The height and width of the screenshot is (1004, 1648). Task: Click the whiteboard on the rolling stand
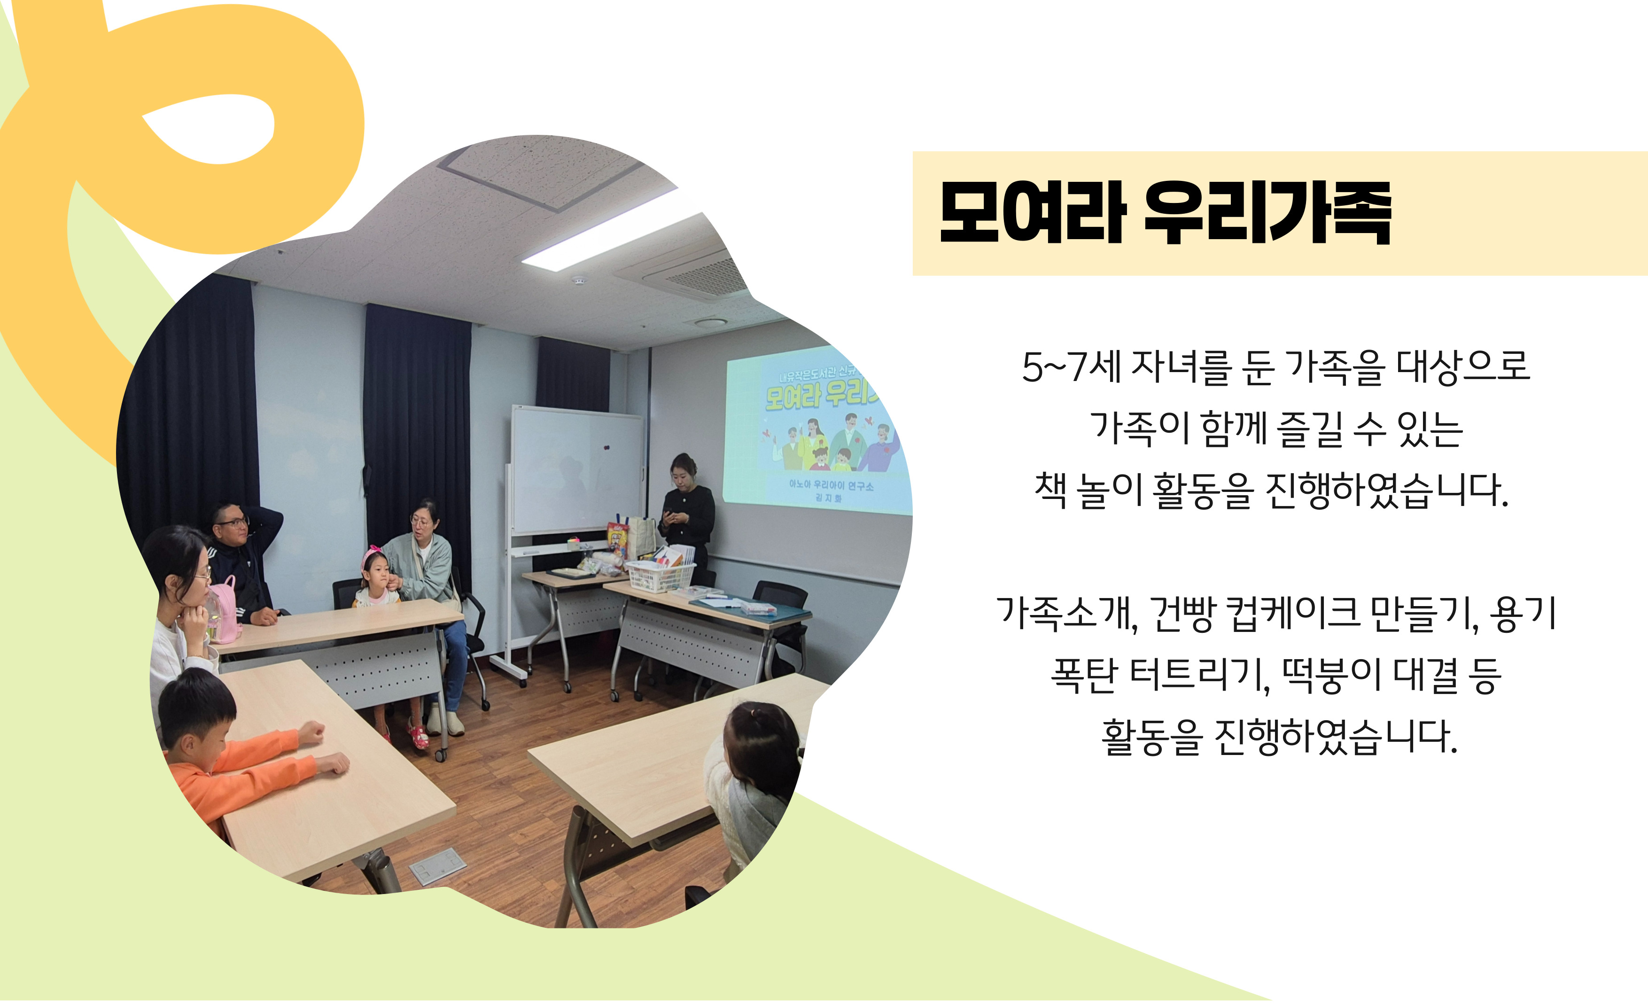point(576,472)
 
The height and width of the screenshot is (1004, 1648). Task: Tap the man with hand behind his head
point(244,562)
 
